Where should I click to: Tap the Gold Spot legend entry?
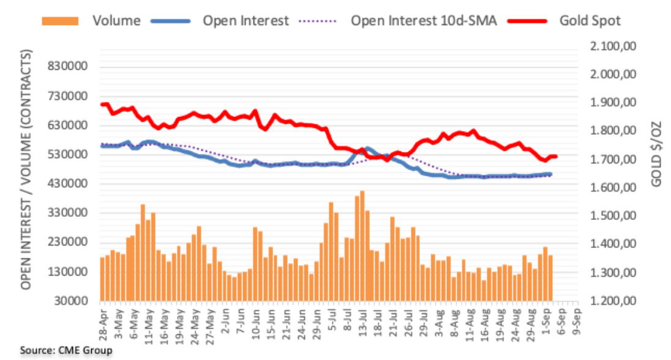590,21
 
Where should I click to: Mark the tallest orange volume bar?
362,246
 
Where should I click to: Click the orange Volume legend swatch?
61,21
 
